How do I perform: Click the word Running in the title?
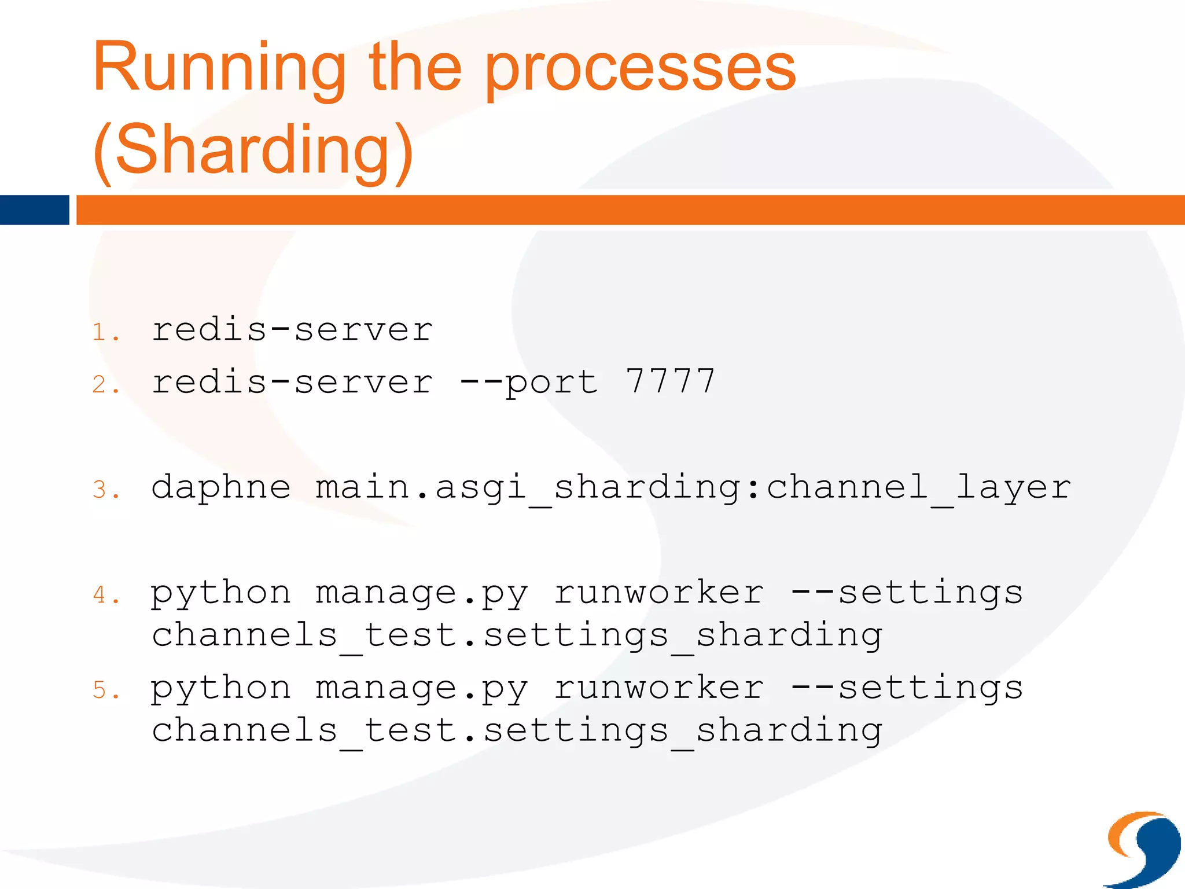[x=219, y=68]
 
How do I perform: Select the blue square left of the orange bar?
[x=34, y=210]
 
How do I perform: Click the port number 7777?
[x=671, y=382]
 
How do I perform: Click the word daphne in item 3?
[x=221, y=487]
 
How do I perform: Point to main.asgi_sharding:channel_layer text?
[x=693, y=487]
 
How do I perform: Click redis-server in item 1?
[x=292, y=330]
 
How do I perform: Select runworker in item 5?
[x=659, y=688]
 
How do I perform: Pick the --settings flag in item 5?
[x=907, y=688]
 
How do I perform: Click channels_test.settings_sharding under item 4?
[x=517, y=635]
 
